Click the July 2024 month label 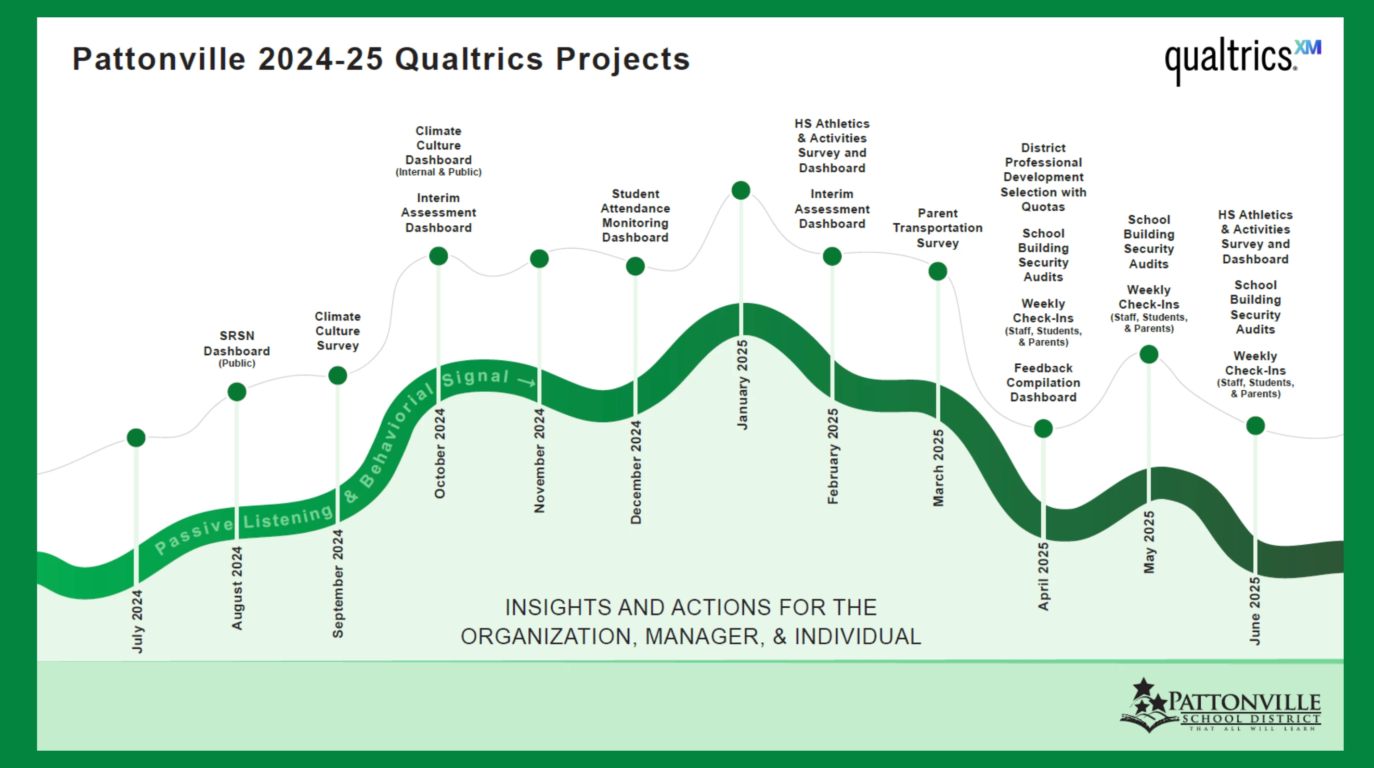[137, 621]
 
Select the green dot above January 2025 [741, 190]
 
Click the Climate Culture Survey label [337, 331]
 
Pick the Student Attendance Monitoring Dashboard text [635, 215]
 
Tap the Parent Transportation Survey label [938, 228]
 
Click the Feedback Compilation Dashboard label [1043, 383]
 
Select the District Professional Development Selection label [1043, 177]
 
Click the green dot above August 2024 [237, 392]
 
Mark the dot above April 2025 [1043, 428]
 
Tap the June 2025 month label [1255, 610]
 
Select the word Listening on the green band [288, 517]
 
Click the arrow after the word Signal [527, 382]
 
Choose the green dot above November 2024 [539, 258]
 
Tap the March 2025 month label [938, 467]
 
